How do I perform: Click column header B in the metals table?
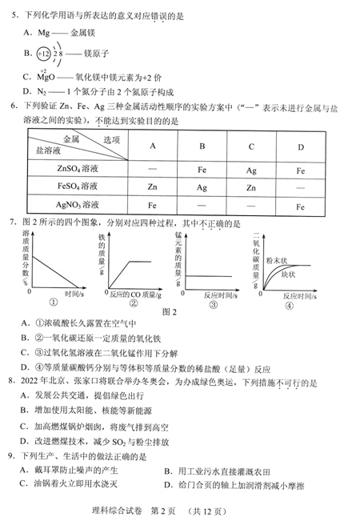[202, 146]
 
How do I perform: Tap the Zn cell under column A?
[152, 188]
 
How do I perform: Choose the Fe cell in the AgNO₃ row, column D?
[300, 206]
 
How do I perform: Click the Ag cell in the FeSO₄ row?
[202, 188]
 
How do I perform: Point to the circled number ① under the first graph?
[54, 303]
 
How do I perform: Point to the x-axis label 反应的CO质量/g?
[133, 295]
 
